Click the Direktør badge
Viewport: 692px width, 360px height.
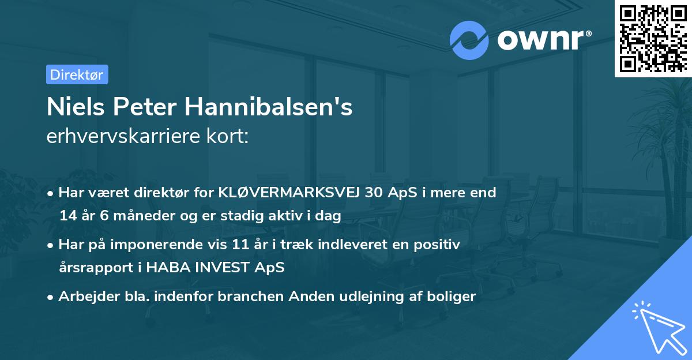77,74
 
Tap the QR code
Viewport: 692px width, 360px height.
653,39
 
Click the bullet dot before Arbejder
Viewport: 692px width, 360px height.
51,297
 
